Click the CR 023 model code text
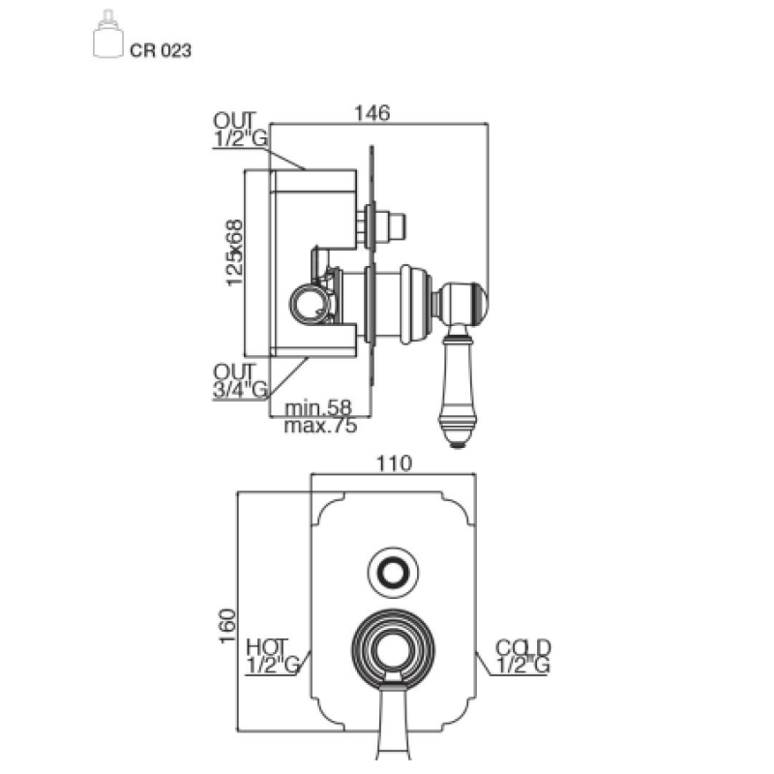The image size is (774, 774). [161, 50]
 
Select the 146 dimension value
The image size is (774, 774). [372, 113]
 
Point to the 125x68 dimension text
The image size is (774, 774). [235, 253]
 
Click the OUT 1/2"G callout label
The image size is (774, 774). [240, 130]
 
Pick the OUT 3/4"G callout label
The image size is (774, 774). [240, 380]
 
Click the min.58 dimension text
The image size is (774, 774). [318, 407]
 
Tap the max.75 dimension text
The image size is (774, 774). [320, 426]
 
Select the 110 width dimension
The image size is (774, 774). [394, 463]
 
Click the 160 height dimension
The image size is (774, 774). [227, 626]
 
